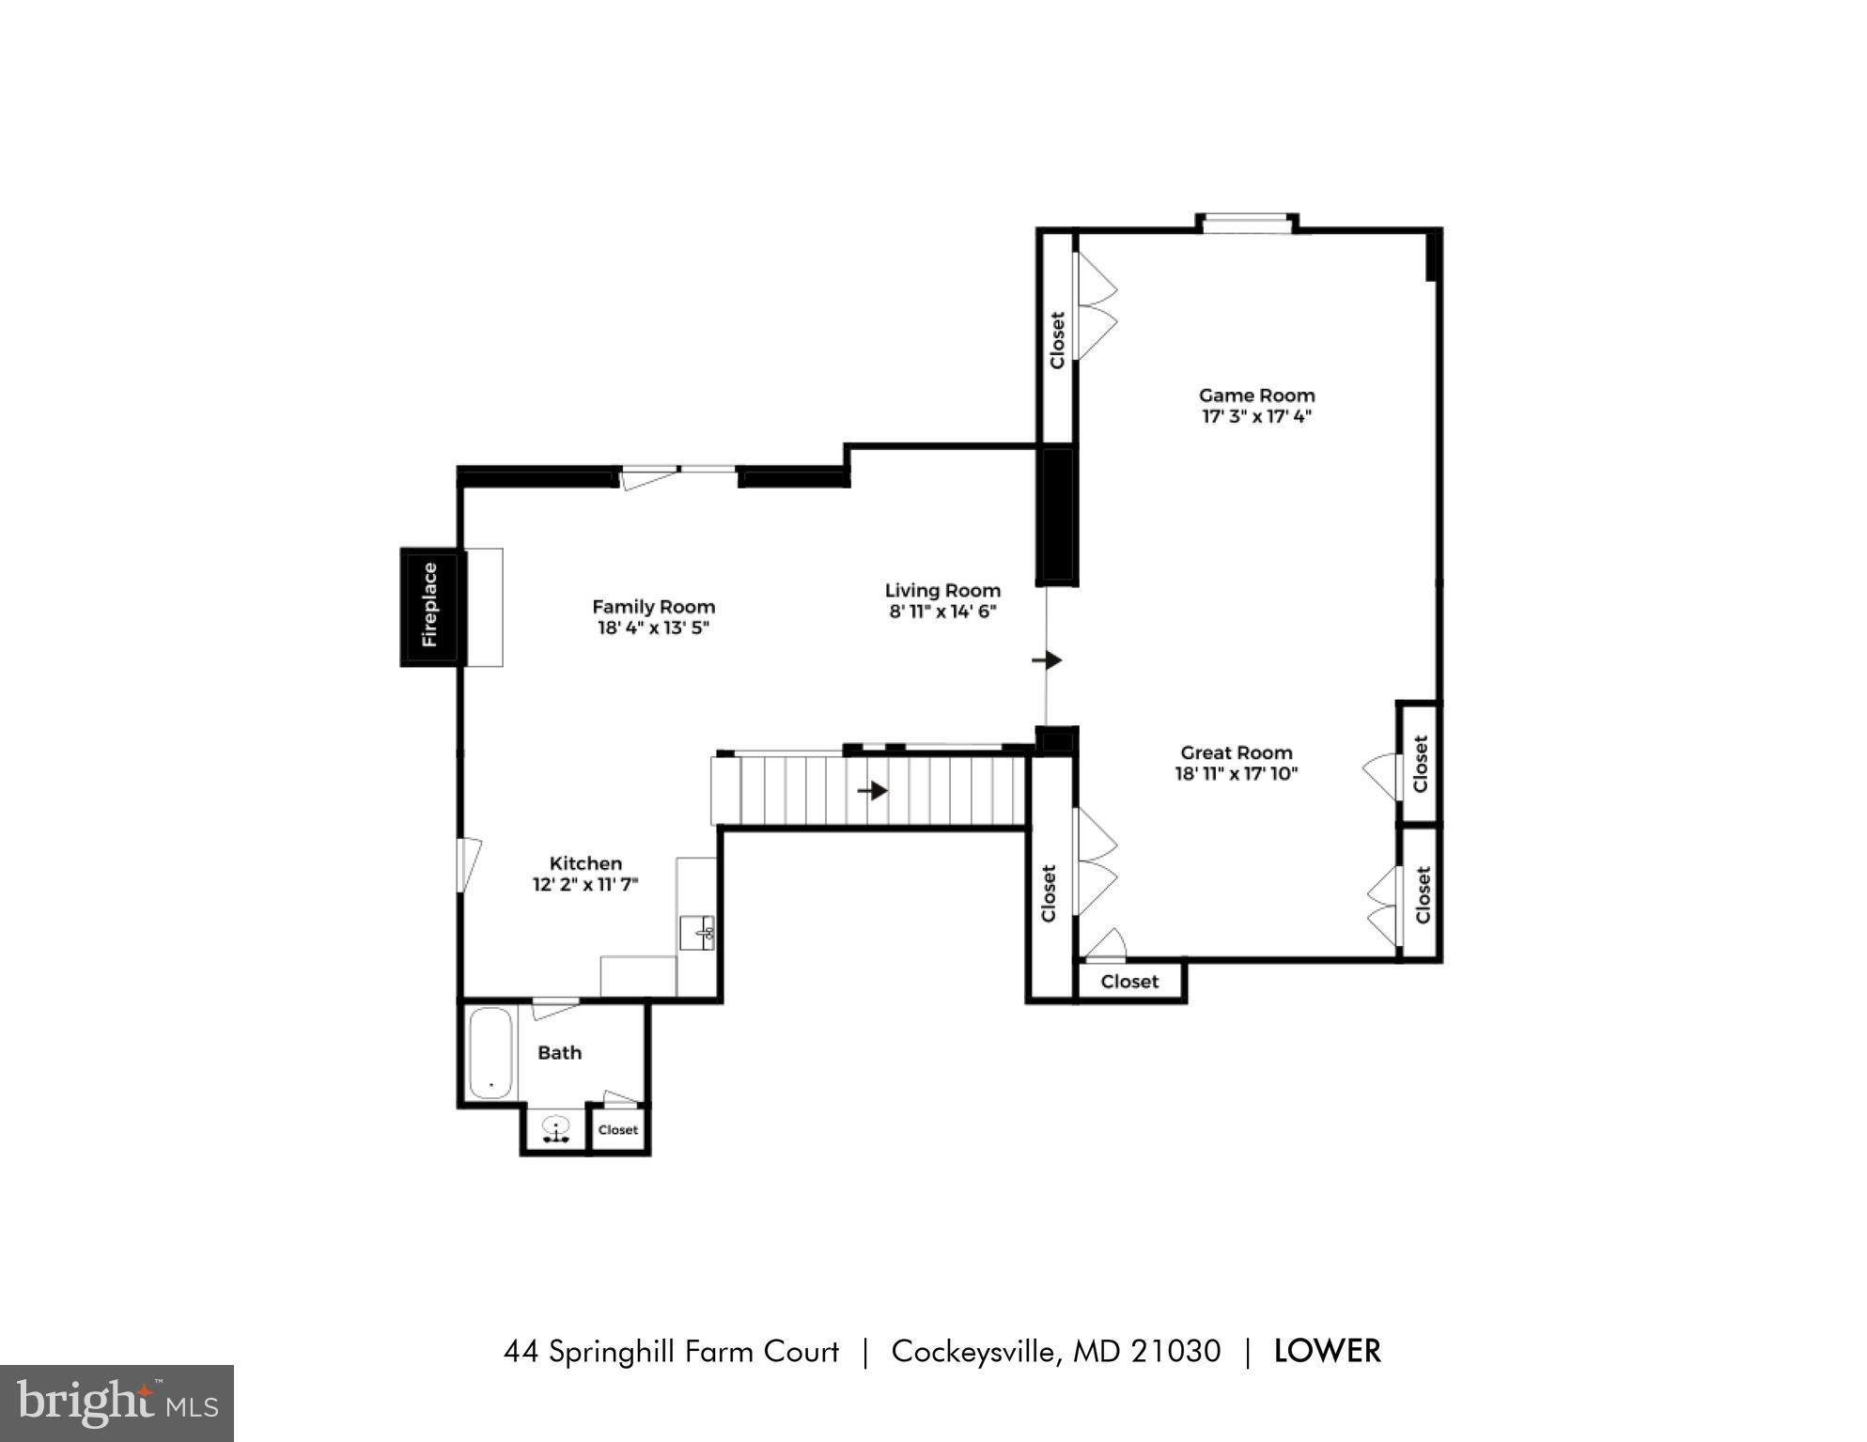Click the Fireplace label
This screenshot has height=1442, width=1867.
[430, 606]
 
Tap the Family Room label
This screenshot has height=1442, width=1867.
[653, 607]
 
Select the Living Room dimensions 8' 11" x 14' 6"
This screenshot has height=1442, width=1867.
[942, 612]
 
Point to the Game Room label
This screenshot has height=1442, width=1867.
[1256, 395]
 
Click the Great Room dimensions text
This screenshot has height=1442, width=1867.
[1236, 774]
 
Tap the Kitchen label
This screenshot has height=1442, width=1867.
[585, 863]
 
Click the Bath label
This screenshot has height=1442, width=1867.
[559, 1053]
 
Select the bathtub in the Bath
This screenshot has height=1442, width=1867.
[490, 1053]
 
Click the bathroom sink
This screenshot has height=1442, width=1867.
[556, 1128]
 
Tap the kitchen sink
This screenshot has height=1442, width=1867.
[697, 933]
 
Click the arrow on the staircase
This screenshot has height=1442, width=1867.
[873, 791]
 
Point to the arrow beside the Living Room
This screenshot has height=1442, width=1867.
[1047, 660]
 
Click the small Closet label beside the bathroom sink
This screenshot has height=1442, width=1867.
[618, 1130]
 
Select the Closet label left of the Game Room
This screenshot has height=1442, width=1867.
[1057, 340]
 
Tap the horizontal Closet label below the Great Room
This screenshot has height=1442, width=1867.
[1129, 982]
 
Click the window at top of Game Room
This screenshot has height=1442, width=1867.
[1247, 224]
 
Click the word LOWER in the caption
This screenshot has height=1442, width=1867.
[1327, 1352]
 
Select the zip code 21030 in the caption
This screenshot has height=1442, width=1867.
[1175, 1352]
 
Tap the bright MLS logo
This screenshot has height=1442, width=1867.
[117, 1403]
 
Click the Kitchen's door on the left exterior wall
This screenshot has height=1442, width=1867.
[466, 865]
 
